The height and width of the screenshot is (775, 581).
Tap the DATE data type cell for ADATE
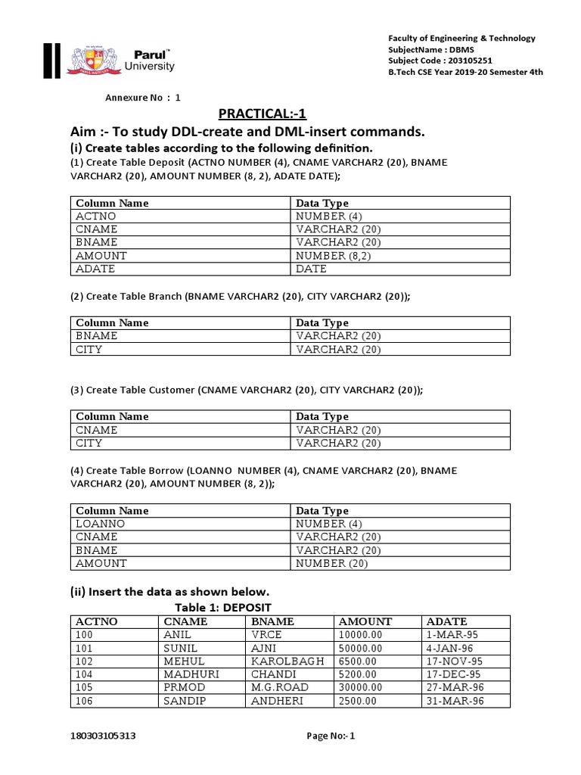[x=312, y=269]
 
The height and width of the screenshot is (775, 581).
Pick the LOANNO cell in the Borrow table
[x=101, y=524]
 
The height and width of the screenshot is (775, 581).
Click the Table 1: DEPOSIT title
[x=223, y=608]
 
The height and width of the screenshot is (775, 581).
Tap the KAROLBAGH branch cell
[x=287, y=661]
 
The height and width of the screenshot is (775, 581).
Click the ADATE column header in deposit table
[x=447, y=621]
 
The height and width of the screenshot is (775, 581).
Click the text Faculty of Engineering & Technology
[x=461, y=38]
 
